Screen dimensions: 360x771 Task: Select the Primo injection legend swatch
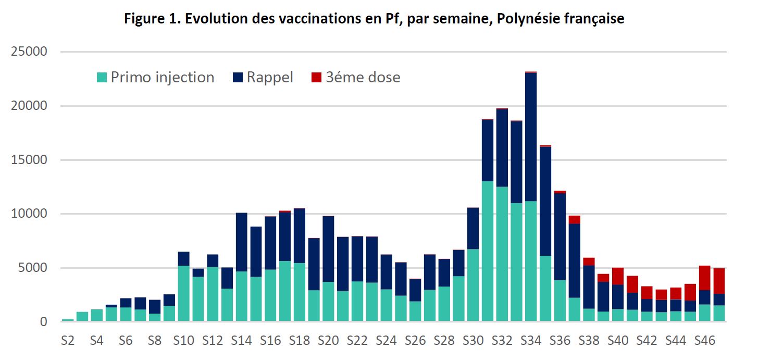[102, 78]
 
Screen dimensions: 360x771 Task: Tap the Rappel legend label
[270, 78]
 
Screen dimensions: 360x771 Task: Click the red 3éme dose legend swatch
[316, 78]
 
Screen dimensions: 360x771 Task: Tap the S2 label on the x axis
[68, 341]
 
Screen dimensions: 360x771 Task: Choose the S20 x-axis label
[328, 341]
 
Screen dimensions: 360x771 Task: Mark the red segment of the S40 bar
[618, 276]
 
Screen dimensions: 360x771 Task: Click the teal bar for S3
[82, 317]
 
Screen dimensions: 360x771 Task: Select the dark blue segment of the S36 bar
[559, 237]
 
